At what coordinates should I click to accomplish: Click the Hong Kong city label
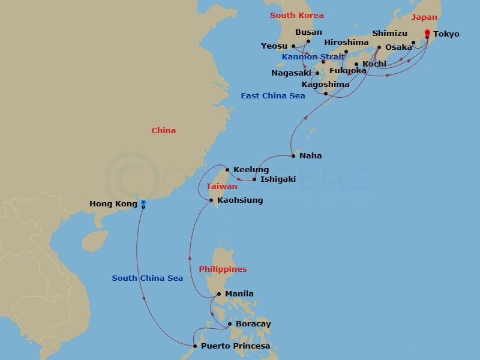point(113,204)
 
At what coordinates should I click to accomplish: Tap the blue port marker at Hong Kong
point(143,202)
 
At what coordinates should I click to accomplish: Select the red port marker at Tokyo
point(427,32)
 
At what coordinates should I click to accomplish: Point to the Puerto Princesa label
point(235,346)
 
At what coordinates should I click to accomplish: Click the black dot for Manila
point(219,294)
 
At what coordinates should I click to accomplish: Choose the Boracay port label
point(253,324)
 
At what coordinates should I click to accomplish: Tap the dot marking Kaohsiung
point(211,200)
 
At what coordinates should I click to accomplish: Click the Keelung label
point(251,170)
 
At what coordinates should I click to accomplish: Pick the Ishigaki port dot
point(254,179)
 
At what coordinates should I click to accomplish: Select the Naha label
point(311,156)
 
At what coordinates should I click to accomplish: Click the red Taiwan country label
point(221,187)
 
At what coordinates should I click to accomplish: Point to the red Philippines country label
point(223,269)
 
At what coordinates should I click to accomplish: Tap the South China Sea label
point(147,278)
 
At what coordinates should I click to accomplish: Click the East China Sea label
point(273,96)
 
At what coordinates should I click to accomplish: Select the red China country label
point(164,131)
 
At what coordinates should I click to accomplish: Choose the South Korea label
point(296,16)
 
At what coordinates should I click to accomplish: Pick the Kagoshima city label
point(325,85)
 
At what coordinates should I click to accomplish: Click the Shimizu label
point(389,34)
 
